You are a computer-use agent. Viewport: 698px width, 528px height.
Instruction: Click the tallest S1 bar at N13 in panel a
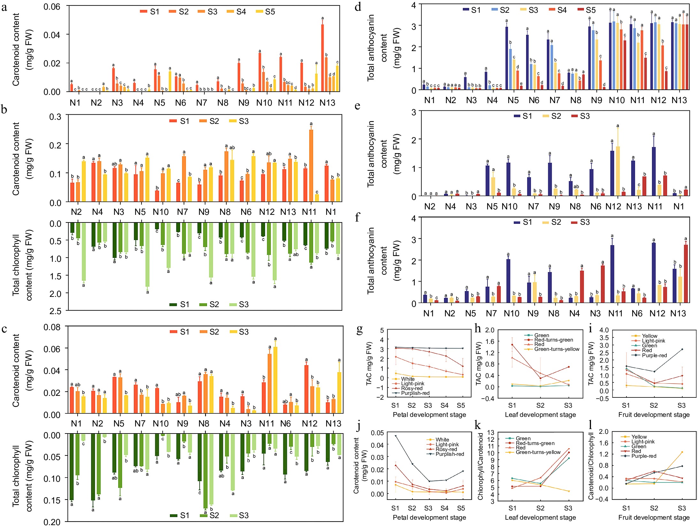click(x=323, y=57)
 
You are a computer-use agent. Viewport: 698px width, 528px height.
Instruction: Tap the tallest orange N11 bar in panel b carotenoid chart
click(x=311, y=165)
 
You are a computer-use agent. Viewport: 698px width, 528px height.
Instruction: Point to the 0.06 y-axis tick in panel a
click(x=52, y=7)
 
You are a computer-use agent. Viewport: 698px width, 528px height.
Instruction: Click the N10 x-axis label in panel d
click(x=617, y=100)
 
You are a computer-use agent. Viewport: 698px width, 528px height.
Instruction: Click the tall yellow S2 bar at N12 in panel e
click(x=618, y=171)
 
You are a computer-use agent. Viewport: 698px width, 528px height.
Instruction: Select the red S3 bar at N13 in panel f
click(x=686, y=273)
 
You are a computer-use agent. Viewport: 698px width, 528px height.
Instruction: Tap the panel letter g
click(x=360, y=329)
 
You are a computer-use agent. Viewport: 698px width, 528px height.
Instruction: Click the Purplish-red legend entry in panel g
click(x=415, y=393)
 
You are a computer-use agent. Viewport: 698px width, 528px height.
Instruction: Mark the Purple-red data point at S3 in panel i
click(x=682, y=349)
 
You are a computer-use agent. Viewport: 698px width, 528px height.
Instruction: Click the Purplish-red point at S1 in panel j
click(x=396, y=436)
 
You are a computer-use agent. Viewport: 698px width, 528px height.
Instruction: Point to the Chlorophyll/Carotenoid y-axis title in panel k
click(x=480, y=466)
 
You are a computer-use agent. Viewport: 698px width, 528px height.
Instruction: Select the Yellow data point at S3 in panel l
click(x=682, y=452)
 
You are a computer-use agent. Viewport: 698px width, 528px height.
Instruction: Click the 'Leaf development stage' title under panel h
click(x=540, y=415)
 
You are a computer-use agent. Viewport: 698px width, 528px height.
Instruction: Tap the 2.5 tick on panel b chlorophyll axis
click(x=55, y=311)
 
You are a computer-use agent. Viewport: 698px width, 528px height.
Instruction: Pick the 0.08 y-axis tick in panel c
click(x=52, y=327)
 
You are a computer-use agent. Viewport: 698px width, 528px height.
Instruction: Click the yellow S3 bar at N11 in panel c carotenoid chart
click(x=275, y=380)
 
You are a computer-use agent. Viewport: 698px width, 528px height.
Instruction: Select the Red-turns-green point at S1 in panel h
click(x=512, y=345)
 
